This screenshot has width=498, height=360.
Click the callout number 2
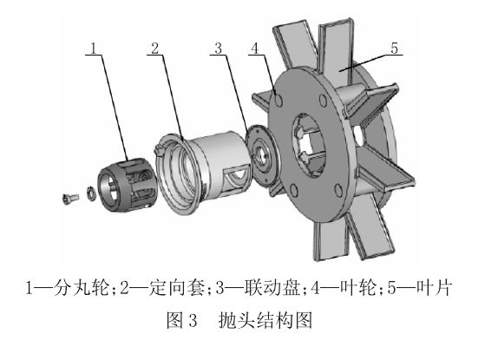coord(154,47)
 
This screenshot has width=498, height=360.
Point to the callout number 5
coord(395,49)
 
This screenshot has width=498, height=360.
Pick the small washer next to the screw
coord(90,192)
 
